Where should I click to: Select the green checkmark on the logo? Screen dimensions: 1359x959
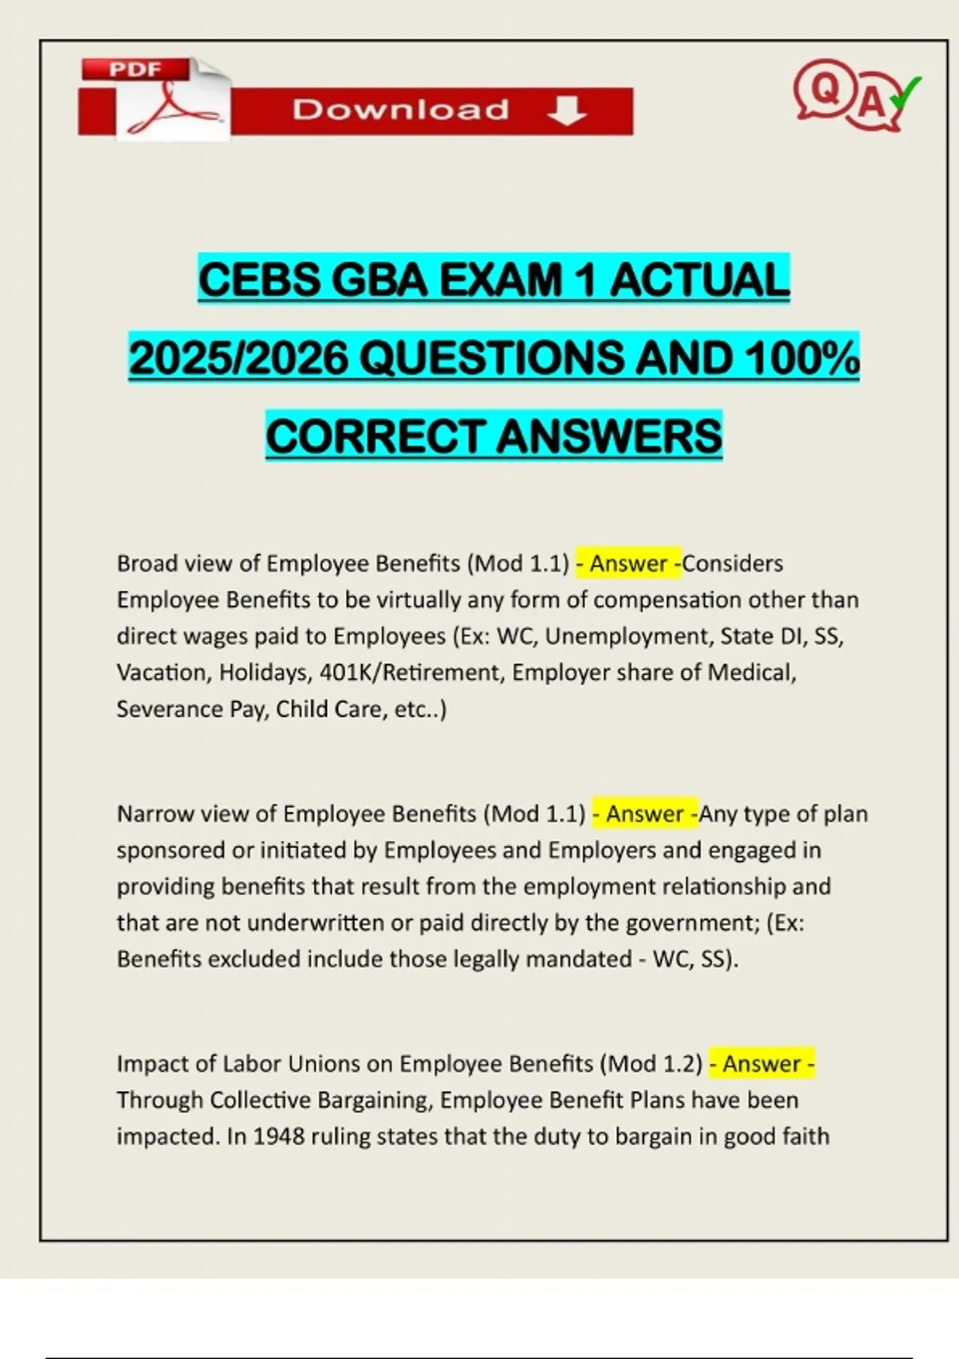coord(906,92)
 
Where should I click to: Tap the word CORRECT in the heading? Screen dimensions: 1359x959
coord(376,436)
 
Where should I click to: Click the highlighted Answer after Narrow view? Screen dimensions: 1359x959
coord(645,814)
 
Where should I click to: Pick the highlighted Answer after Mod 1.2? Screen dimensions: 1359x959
coord(762,1064)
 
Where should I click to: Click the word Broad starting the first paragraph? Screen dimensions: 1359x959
coord(147,564)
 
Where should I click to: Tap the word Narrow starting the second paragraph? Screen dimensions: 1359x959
coord(155,814)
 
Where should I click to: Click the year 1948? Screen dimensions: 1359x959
coord(279,1137)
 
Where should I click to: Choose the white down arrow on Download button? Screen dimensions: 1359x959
coord(567,110)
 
